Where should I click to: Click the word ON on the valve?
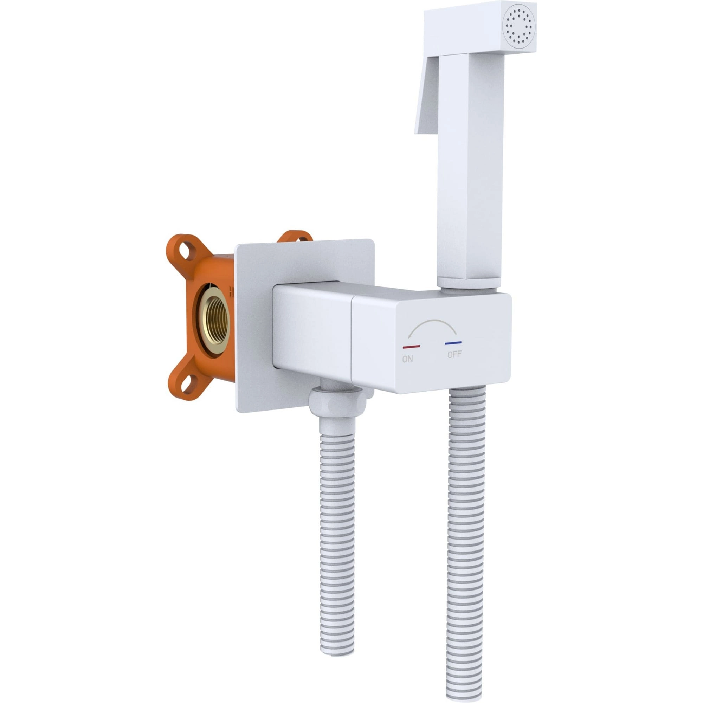[x=407, y=359]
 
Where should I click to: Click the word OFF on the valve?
[x=454, y=354]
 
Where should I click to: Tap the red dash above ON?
[x=411, y=347]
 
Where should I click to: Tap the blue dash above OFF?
[x=453, y=343]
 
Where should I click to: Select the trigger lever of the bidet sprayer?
[x=427, y=98]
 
